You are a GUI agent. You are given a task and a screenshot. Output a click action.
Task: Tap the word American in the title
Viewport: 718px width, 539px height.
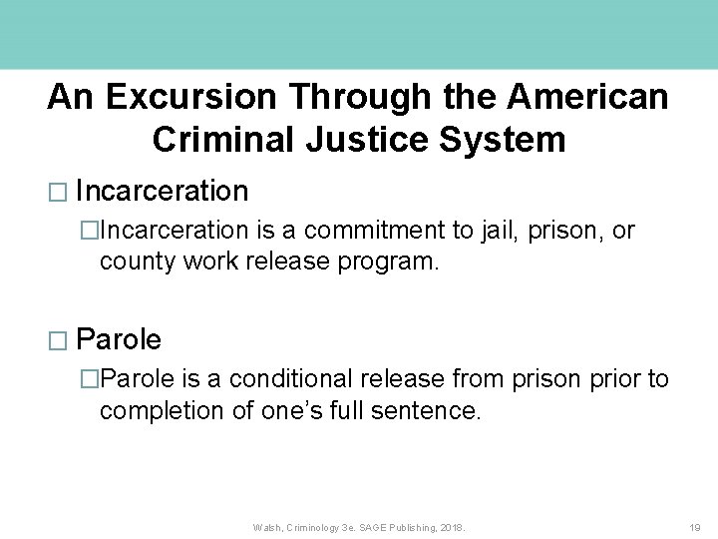(x=588, y=97)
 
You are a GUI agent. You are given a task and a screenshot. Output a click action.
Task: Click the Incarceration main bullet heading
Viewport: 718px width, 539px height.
(x=162, y=191)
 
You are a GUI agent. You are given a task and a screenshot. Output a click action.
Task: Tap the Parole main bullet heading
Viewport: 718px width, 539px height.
(x=119, y=339)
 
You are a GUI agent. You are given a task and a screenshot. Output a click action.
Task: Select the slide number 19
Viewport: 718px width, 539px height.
(x=695, y=526)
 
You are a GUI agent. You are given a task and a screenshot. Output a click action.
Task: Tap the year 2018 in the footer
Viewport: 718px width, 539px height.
(x=450, y=526)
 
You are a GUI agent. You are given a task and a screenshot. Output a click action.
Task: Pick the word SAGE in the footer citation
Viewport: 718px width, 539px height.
(x=370, y=526)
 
